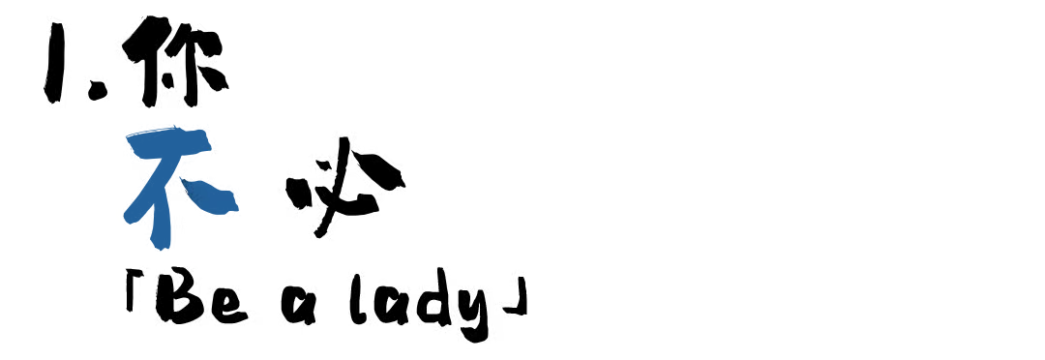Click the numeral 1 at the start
coord(55,63)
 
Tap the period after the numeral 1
coord(98,90)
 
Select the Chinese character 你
coord(175,61)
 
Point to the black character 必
coord(345,187)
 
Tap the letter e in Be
coord(228,307)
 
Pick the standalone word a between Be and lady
coord(297,308)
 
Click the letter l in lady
coord(359,299)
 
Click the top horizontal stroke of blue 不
coord(169,142)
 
